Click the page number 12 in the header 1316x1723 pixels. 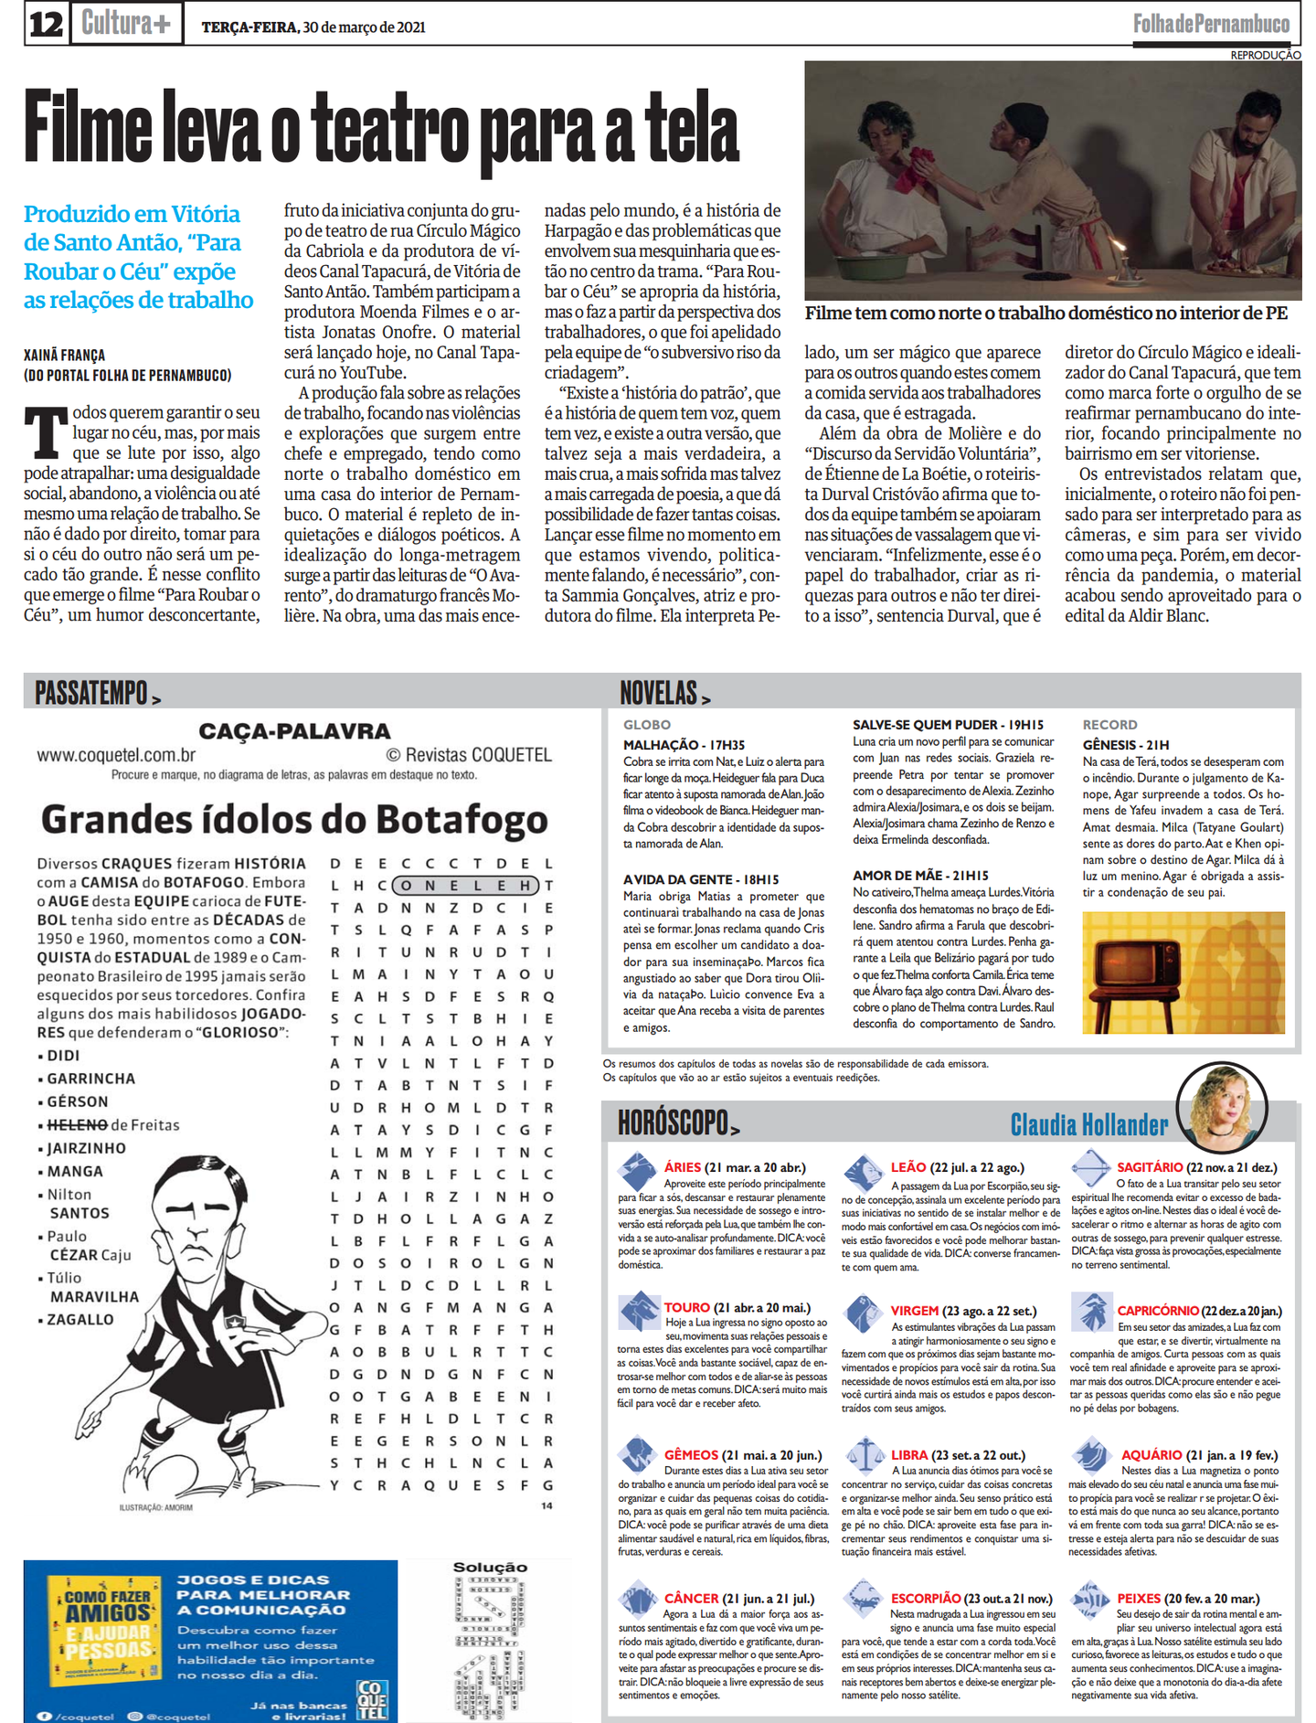(x=45, y=24)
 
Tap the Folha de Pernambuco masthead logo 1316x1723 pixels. (x=1211, y=25)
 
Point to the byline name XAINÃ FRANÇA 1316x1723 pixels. (x=64, y=356)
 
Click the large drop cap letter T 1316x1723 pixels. (x=46, y=431)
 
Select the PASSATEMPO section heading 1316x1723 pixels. (x=91, y=693)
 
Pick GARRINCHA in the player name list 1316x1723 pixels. (x=90, y=1079)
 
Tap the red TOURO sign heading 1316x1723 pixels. (x=686, y=1307)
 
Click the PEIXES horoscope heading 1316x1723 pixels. (x=1139, y=1599)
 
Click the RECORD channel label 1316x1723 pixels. (x=1109, y=725)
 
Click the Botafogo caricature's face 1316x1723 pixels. (x=196, y=1220)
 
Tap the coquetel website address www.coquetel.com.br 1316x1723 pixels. (x=116, y=755)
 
